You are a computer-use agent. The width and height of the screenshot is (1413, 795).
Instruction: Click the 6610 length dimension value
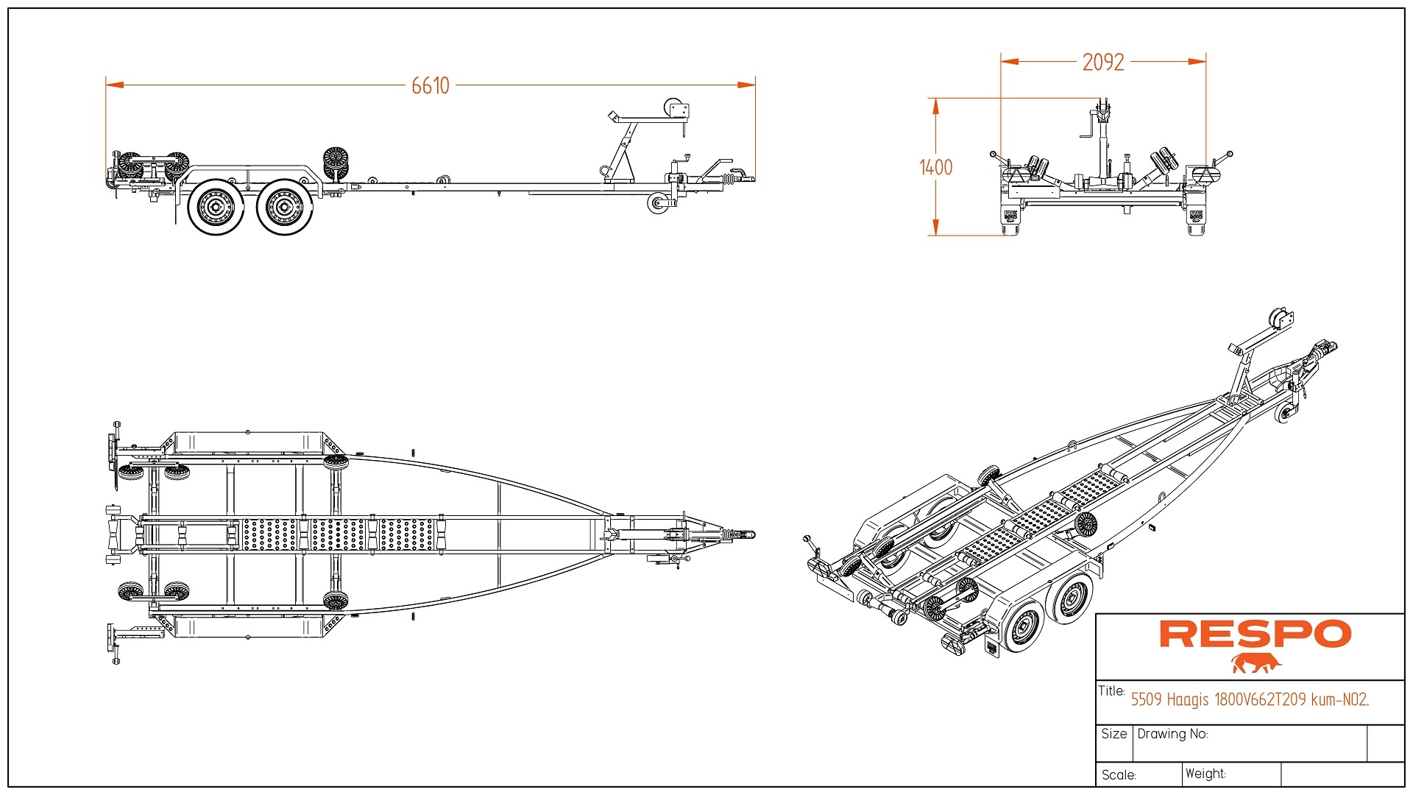[431, 86]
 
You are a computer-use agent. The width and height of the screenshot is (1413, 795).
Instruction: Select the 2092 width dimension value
[1103, 63]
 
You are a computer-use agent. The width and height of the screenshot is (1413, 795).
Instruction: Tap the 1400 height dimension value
[936, 168]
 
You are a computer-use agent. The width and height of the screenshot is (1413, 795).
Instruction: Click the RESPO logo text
[1256, 635]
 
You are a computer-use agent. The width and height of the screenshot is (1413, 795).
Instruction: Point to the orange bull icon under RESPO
[1256, 663]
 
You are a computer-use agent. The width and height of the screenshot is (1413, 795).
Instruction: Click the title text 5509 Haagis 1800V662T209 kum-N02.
[1250, 699]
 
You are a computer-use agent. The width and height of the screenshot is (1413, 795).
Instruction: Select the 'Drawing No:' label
[1172, 734]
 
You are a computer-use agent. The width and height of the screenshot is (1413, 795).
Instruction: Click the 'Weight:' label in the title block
[1205, 774]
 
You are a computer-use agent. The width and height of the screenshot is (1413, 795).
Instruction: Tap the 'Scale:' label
[1119, 775]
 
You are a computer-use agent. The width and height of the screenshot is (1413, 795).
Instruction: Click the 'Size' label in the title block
[1114, 734]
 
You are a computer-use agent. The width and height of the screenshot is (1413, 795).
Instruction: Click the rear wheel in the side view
[216, 207]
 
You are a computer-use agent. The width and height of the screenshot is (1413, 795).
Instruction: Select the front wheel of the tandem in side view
[284, 207]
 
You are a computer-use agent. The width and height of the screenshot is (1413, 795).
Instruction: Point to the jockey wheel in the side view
[657, 204]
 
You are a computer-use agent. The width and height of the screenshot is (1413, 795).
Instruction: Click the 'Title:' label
[1111, 691]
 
